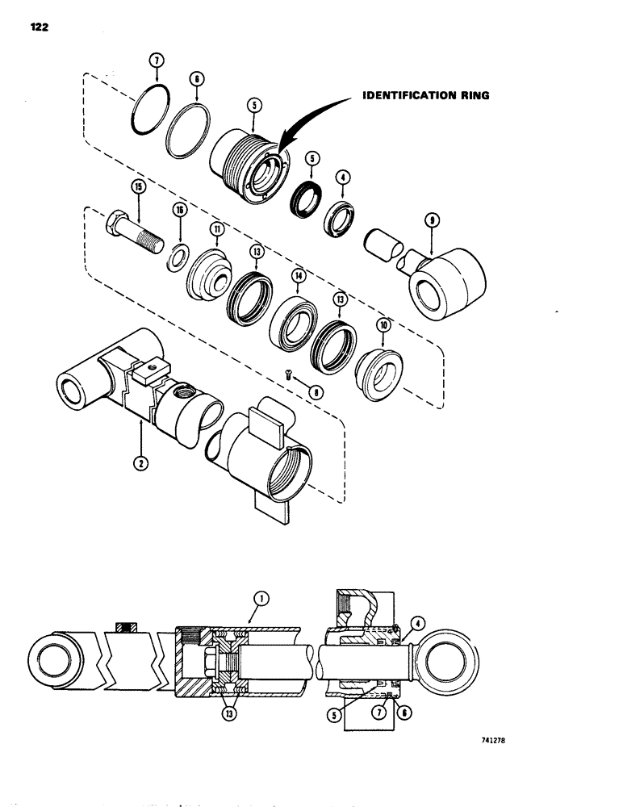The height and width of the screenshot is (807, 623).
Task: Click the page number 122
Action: coord(37,27)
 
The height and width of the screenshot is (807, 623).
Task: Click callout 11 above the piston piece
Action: coord(216,229)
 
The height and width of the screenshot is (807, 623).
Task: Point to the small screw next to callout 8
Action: coord(287,373)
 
